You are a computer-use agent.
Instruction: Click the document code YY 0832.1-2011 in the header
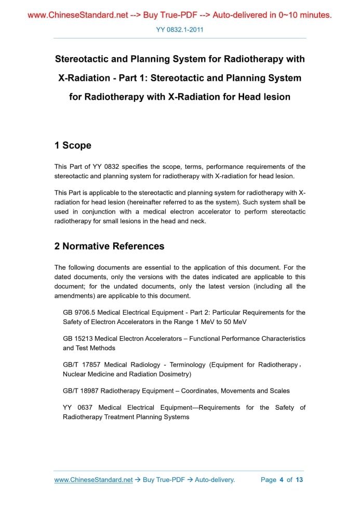180,30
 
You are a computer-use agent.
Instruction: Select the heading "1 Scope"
73,145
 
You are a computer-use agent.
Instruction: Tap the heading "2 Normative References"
109,246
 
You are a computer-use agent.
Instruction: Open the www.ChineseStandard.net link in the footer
94,480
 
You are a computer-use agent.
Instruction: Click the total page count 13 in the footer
299,480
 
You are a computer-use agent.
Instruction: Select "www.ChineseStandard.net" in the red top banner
77,15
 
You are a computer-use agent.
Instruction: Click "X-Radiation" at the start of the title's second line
84,78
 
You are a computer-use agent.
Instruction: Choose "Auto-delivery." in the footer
215,480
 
